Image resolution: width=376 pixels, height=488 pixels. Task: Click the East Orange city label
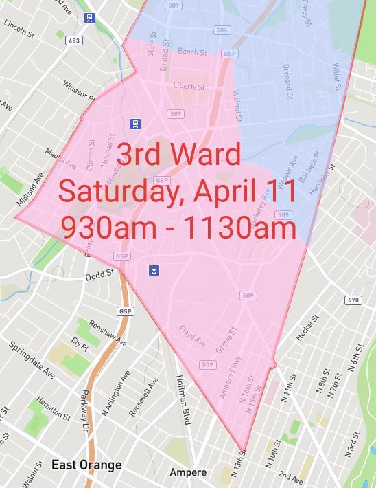(86, 465)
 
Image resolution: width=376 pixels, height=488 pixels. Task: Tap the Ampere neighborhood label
(188, 473)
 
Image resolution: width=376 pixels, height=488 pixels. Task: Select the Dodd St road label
(99, 277)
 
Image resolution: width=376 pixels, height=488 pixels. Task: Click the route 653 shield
(73, 41)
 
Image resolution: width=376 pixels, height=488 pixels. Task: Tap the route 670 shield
(353, 300)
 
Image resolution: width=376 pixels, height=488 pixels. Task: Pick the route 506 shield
(222, 31)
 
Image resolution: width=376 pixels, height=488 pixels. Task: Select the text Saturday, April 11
(177, 190)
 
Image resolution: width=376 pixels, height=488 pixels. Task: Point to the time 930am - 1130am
(178, 227)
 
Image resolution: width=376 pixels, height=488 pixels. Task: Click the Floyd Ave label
(192, 337)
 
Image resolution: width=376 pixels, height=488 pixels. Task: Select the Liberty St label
(189, 87)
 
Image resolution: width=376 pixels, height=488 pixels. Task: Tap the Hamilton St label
(54, 408)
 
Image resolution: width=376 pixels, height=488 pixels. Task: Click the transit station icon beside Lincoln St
(89, 18)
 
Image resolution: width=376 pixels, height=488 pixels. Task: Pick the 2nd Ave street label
(291, 477)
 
